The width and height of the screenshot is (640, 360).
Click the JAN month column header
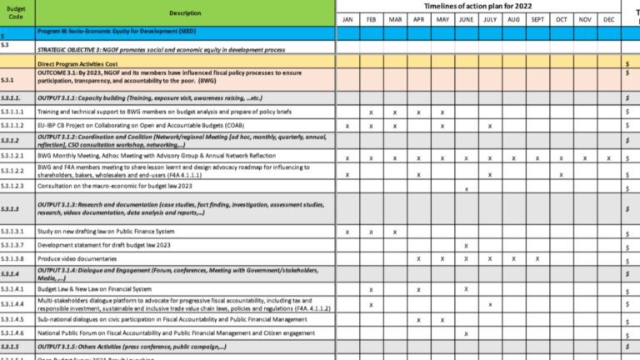click(347, 18)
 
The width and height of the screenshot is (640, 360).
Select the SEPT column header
click(537, 18)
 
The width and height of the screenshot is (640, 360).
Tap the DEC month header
click(609, 18)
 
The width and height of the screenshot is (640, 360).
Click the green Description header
click(185, 13)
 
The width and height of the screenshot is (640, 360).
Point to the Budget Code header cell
click(17, 12)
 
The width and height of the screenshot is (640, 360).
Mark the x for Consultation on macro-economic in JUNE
click(466, 188)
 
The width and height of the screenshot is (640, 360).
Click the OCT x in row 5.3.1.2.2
click(562, 174)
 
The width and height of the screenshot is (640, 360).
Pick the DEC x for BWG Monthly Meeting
click(609, 157)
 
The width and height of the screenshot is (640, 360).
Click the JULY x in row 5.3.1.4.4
click(490, 304)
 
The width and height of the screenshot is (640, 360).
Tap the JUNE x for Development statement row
click(466, 245)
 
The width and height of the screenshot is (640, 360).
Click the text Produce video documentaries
click(75, 258)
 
